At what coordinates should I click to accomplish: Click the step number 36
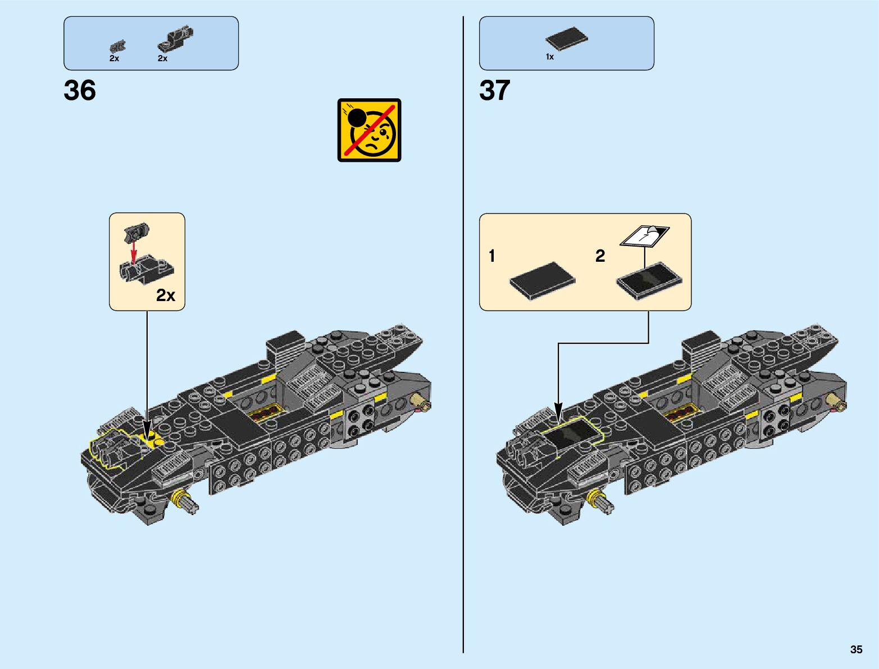[80, 90]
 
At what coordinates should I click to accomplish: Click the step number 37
[495, 90]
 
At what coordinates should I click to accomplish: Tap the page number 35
[856, 649]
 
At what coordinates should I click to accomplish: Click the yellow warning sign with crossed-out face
[369, 130]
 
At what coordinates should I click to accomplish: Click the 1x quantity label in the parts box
[550, 57]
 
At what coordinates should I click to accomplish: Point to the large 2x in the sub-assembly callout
[166, 295]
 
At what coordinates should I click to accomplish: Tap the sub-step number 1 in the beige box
[492, 256]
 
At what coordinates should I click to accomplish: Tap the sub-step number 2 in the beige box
[600, 256]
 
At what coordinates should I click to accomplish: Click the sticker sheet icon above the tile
[645, 235]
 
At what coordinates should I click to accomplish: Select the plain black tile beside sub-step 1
[543, 279]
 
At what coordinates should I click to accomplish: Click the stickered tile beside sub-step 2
[649, 280]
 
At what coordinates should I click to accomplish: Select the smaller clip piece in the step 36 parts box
[118, 47]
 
